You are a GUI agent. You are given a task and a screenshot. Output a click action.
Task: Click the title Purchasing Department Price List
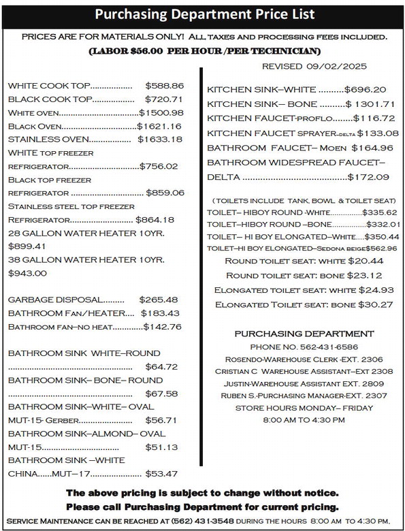202,13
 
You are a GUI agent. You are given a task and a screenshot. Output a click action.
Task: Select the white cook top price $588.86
164,86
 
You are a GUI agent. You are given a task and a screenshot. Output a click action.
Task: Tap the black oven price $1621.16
159,126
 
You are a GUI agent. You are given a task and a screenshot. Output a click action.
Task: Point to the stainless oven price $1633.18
159,140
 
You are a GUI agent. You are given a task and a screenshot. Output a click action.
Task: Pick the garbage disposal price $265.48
158,300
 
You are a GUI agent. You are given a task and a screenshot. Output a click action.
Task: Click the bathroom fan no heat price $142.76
162,327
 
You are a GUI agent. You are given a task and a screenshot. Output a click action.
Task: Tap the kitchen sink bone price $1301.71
370,103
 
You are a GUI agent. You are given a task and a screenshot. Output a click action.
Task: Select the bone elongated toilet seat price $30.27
375,304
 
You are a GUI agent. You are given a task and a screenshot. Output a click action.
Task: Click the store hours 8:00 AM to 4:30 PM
304,420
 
